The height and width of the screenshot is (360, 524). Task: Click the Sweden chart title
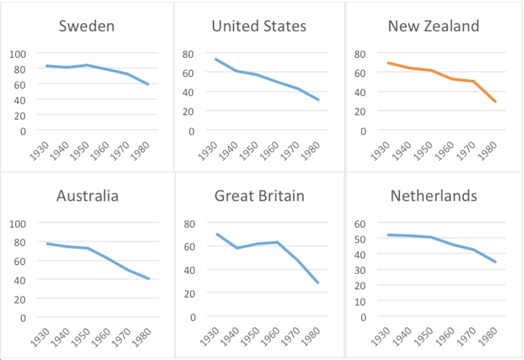[x=87, y=26]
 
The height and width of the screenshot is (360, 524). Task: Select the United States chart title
[x=259, y=26]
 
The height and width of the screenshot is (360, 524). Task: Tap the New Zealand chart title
[x=433, y=26]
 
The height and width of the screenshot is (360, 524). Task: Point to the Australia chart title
[x=87, y=196]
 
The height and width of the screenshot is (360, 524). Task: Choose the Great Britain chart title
[x=259, y=196]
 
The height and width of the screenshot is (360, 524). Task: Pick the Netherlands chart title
[x=434, y=196]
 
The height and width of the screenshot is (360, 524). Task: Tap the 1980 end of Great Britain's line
[x=318, y=283]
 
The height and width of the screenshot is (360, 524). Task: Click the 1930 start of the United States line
[x=215, y=59]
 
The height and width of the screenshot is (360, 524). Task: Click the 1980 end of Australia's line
[x=149, y=278]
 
